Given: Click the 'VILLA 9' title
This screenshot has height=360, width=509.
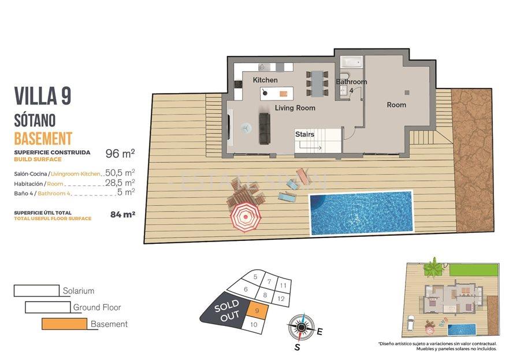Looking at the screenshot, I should (x=42, y=96).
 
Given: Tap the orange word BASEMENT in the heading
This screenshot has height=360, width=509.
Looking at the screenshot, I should (x=43, y=138).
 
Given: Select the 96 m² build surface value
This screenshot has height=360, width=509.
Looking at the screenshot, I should (x=120, y=154).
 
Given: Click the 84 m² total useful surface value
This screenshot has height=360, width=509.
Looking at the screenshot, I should (x=122, y=214).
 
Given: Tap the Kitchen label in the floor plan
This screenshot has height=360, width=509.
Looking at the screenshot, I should (x=265, y=80).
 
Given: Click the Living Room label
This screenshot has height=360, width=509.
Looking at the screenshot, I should (x=295, y=108).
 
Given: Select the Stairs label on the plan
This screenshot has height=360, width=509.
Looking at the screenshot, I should (x=304, y=134).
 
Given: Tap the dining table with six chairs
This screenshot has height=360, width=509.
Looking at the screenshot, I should (x=317, y=83).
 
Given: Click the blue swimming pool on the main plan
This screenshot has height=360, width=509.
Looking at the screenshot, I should (x=362, y=213).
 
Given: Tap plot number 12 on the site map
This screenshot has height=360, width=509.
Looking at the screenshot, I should (x=280, y=298).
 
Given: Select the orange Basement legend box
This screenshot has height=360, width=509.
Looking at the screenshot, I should (x=64, y=324).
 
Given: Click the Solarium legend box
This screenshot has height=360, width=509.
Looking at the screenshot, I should (x=36, y=290).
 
